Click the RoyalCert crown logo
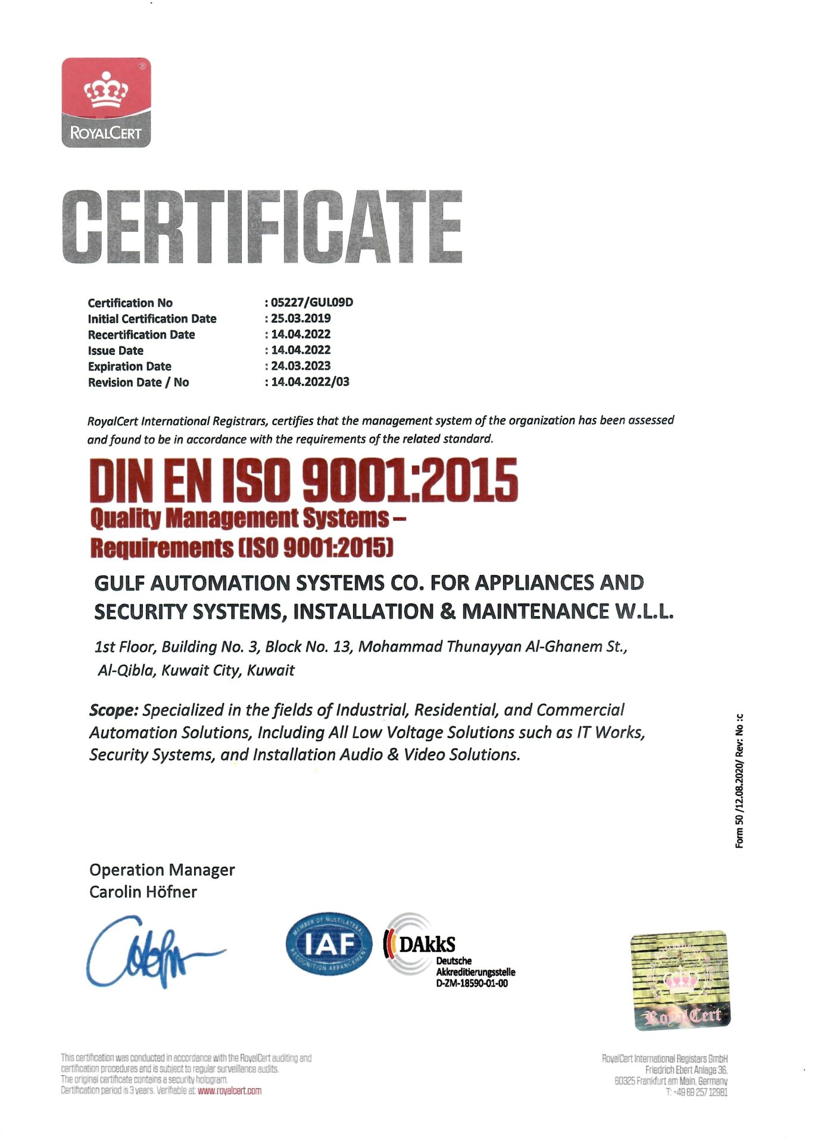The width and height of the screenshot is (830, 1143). [x=106, y=102]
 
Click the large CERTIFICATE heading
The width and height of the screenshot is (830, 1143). [x=262, y=227]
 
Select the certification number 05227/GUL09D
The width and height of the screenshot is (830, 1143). [x=312, y=302]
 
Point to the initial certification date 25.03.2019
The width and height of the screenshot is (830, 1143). [x=301, y=318]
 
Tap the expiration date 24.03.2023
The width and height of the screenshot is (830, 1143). [x=301, y=366]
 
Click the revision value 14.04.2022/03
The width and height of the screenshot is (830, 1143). [x=310, y=382]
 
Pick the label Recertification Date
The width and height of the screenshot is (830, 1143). [x=141, y=335]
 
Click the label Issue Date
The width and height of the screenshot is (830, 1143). [x=116, y=351]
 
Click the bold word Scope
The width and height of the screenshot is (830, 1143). [x=113, y=710]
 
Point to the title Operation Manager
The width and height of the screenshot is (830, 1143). [x=162, y=870]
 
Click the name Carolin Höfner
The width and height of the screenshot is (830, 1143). [x=143, y=892]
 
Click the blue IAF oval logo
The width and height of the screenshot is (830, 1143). [x=329, y=944]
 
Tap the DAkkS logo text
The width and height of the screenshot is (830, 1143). [x=427, y=944]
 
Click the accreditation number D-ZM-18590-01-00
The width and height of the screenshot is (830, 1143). [x=472, y=983]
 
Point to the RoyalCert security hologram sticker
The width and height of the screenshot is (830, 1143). [x=680, y=980]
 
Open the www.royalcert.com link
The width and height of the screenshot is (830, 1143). [x=229, y=1091]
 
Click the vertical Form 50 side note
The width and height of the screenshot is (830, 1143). [x=739, y=780]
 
